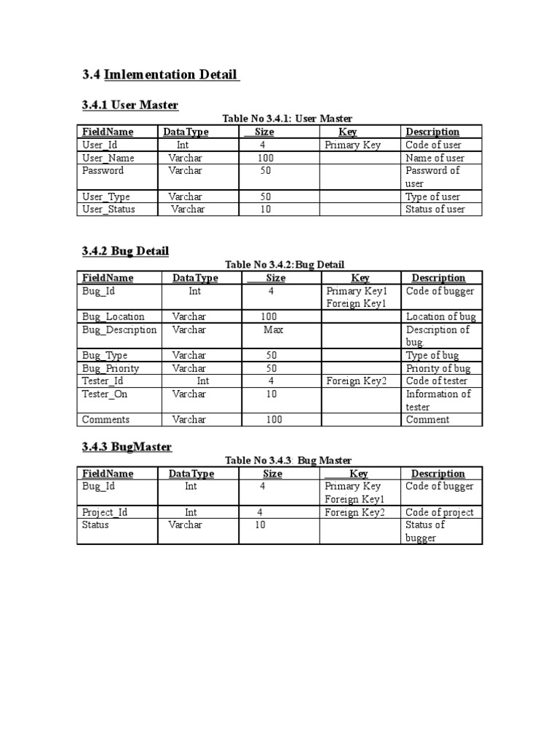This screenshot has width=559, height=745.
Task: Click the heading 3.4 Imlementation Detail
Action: (161, 74)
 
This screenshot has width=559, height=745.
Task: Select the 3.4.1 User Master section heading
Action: (130, 105)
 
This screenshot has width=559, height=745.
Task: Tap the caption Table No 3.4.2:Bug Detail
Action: (285, 265)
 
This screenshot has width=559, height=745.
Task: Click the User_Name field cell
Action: (106, 158)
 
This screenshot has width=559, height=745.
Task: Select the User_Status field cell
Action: (108, 210)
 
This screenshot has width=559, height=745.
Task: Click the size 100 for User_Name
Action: (265, 158)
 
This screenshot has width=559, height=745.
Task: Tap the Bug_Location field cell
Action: (113, 316)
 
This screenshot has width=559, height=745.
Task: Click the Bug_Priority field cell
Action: (111, 368)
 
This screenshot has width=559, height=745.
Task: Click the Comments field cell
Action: (106, 420)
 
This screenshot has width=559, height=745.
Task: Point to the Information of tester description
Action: (438, 400)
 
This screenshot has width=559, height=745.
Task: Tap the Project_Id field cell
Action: (105, 512)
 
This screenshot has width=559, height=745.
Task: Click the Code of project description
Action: (440, 512)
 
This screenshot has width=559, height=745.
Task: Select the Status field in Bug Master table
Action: (95, 525)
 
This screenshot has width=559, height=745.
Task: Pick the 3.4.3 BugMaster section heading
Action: (127, 447)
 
